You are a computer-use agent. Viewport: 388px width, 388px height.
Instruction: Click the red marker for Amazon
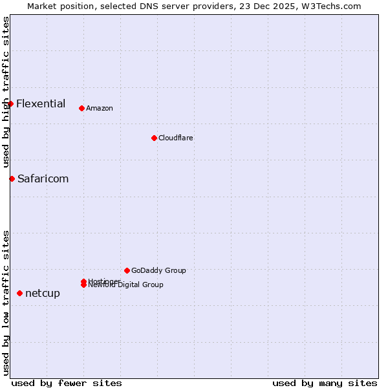click(81, 108)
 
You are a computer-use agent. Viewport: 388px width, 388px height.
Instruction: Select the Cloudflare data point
click(154, 138)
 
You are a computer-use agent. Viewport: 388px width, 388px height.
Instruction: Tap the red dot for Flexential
click(10, 103)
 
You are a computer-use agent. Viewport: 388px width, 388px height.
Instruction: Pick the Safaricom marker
click(12, 178)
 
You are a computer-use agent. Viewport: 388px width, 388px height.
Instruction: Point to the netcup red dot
click(19, 293)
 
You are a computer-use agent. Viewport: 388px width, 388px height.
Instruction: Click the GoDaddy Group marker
click(127, 270)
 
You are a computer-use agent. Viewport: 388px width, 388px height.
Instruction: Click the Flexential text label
click(41, 103)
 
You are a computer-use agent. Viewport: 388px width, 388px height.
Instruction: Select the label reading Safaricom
click(43, 178)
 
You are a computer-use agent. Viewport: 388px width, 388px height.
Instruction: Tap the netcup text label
click(43, 293)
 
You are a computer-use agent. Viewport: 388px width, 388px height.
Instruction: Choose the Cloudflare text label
click(175, 138)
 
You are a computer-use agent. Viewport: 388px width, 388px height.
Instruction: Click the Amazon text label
click(99, 108)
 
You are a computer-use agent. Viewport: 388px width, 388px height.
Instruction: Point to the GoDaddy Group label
click(158, 270)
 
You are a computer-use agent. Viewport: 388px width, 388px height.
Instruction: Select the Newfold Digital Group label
click(126, 285)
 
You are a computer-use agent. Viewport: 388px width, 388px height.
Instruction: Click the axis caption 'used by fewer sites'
click(67, 383)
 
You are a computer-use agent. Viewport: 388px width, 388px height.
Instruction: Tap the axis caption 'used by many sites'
click(325, 383)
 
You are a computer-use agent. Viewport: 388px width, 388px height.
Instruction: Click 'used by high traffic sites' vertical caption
click(6, 92)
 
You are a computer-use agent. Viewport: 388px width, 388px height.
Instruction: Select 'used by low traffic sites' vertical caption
click(6, 302)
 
